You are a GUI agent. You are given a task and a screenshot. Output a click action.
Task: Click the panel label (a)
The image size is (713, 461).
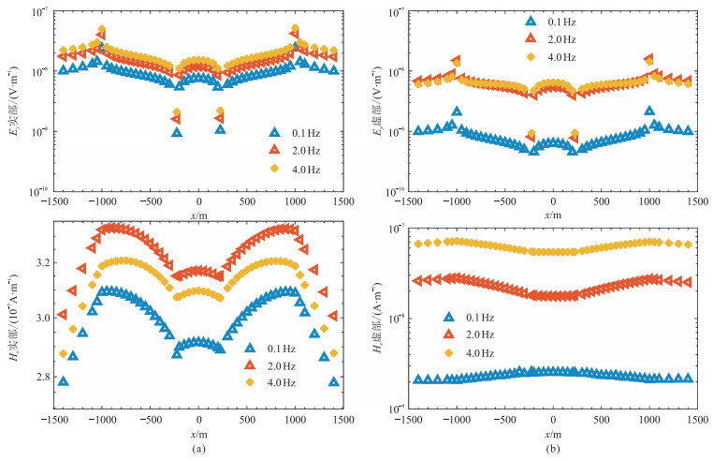(x=198, y=449)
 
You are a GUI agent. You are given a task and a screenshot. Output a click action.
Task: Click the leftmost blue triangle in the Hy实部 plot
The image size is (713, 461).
(x=63, y=381)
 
